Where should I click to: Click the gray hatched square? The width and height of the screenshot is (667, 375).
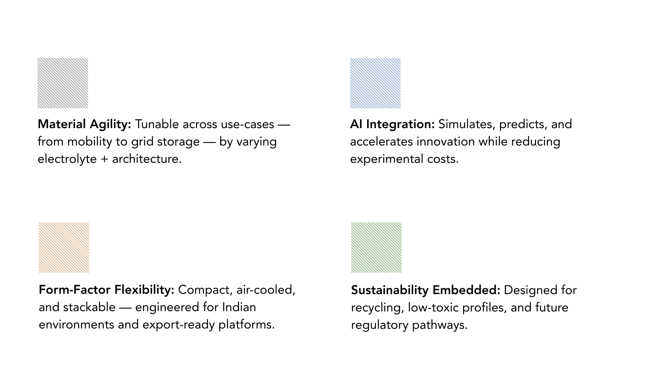pyautogui.click(x=63, y=83)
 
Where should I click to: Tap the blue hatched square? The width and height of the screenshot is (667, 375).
pyautogui.click(x=375, y=83)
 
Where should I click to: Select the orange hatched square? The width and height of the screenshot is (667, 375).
pyautogui.click(x=64, y=248)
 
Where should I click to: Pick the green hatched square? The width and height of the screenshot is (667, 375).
pyautogui.click(x=376, y=248)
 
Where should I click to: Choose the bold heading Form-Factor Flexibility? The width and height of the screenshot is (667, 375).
pyautogui.click(x=106, y=290)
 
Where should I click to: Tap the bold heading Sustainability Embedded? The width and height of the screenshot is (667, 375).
pyautogui.click(x=426, y=290)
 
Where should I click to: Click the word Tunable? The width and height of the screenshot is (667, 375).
pyautogui.click(x=157, y=124)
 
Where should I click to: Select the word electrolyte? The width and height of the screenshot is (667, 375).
pyautogui.click(x=67, y=159)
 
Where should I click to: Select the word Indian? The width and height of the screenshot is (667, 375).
pyautogui.click(x=239, y=307)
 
